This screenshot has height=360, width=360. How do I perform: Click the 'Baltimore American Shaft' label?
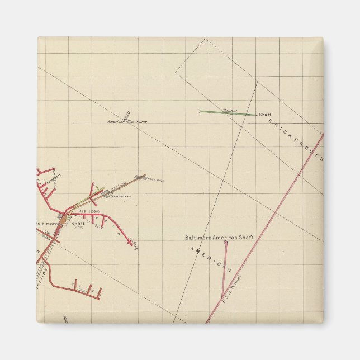[x=219, y=238]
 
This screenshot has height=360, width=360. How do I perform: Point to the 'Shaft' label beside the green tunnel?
[x=265, y=115]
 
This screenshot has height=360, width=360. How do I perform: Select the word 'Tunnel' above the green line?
[x=230, y=110]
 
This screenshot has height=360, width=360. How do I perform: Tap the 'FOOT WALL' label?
[x=156, y=180]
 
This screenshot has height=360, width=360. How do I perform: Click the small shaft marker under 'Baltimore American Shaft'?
[x=226, y=243]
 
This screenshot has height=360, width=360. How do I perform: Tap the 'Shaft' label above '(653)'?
[x=78, y=223]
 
